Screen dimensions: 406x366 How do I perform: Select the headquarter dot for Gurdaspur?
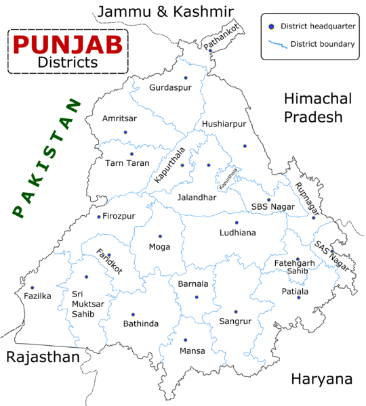184,77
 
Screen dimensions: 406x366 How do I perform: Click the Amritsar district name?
119,118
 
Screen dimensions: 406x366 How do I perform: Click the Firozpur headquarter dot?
99,217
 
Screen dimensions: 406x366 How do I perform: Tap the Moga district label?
159,247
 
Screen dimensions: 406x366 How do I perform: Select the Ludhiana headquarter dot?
237,222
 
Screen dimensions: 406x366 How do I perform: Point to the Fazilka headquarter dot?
32,288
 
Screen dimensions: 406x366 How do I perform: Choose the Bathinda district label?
140,323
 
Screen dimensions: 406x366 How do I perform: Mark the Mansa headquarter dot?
186,340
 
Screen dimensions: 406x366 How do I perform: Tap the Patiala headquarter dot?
298,298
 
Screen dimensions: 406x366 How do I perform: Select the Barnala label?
193,285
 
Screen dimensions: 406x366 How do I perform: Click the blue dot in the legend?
271,26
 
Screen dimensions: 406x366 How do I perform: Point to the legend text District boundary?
322,45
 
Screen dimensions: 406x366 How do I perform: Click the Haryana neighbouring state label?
321,379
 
